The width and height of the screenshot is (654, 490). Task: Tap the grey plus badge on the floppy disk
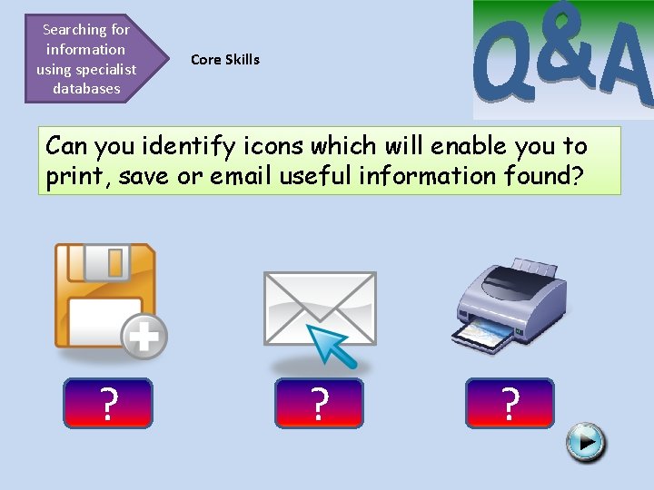(x=144, y=338)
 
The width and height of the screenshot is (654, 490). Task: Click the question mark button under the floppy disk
(x=108, y=403)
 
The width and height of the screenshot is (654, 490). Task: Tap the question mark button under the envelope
(x=318, y=403)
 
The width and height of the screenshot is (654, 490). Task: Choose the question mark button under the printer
(x=510, y=403)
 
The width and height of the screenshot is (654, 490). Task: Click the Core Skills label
(x=225, y=60)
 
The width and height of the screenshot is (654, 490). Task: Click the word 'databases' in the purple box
(x=86, y=89)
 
